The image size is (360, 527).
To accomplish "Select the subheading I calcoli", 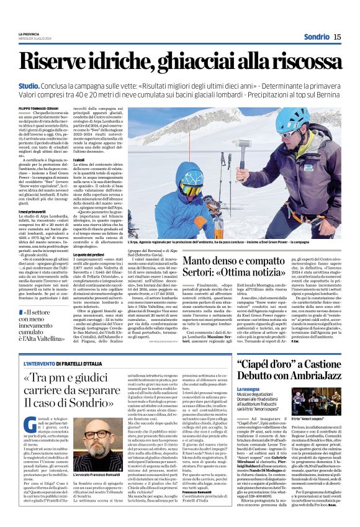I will [80, 161].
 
